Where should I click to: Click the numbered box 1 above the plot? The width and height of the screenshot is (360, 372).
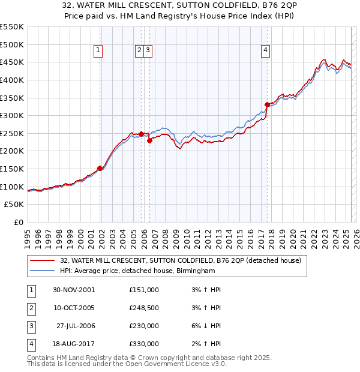tap(98, 51)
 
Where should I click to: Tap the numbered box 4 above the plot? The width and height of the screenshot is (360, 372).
tap(265, 51)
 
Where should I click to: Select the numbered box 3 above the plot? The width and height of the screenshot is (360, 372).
tap(148, 51)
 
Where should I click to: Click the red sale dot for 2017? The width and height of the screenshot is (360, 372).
tap(267, 104)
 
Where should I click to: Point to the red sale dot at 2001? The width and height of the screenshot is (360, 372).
tap(100, 168)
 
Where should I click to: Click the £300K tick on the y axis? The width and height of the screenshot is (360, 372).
tap(12, 115)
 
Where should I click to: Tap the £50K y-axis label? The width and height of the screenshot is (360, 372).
tap(14, 205)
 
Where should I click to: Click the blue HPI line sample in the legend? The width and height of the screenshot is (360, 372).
tap(43, 271)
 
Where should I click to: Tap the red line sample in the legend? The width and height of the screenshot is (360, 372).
tap(43, 260)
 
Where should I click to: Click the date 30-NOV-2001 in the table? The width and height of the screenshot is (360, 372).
tap(74, 290)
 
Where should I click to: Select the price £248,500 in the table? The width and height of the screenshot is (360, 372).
tap(144, 308)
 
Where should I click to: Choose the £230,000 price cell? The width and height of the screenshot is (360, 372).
tap(144, 326)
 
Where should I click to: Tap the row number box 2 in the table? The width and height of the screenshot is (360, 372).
tap(30, 308)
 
